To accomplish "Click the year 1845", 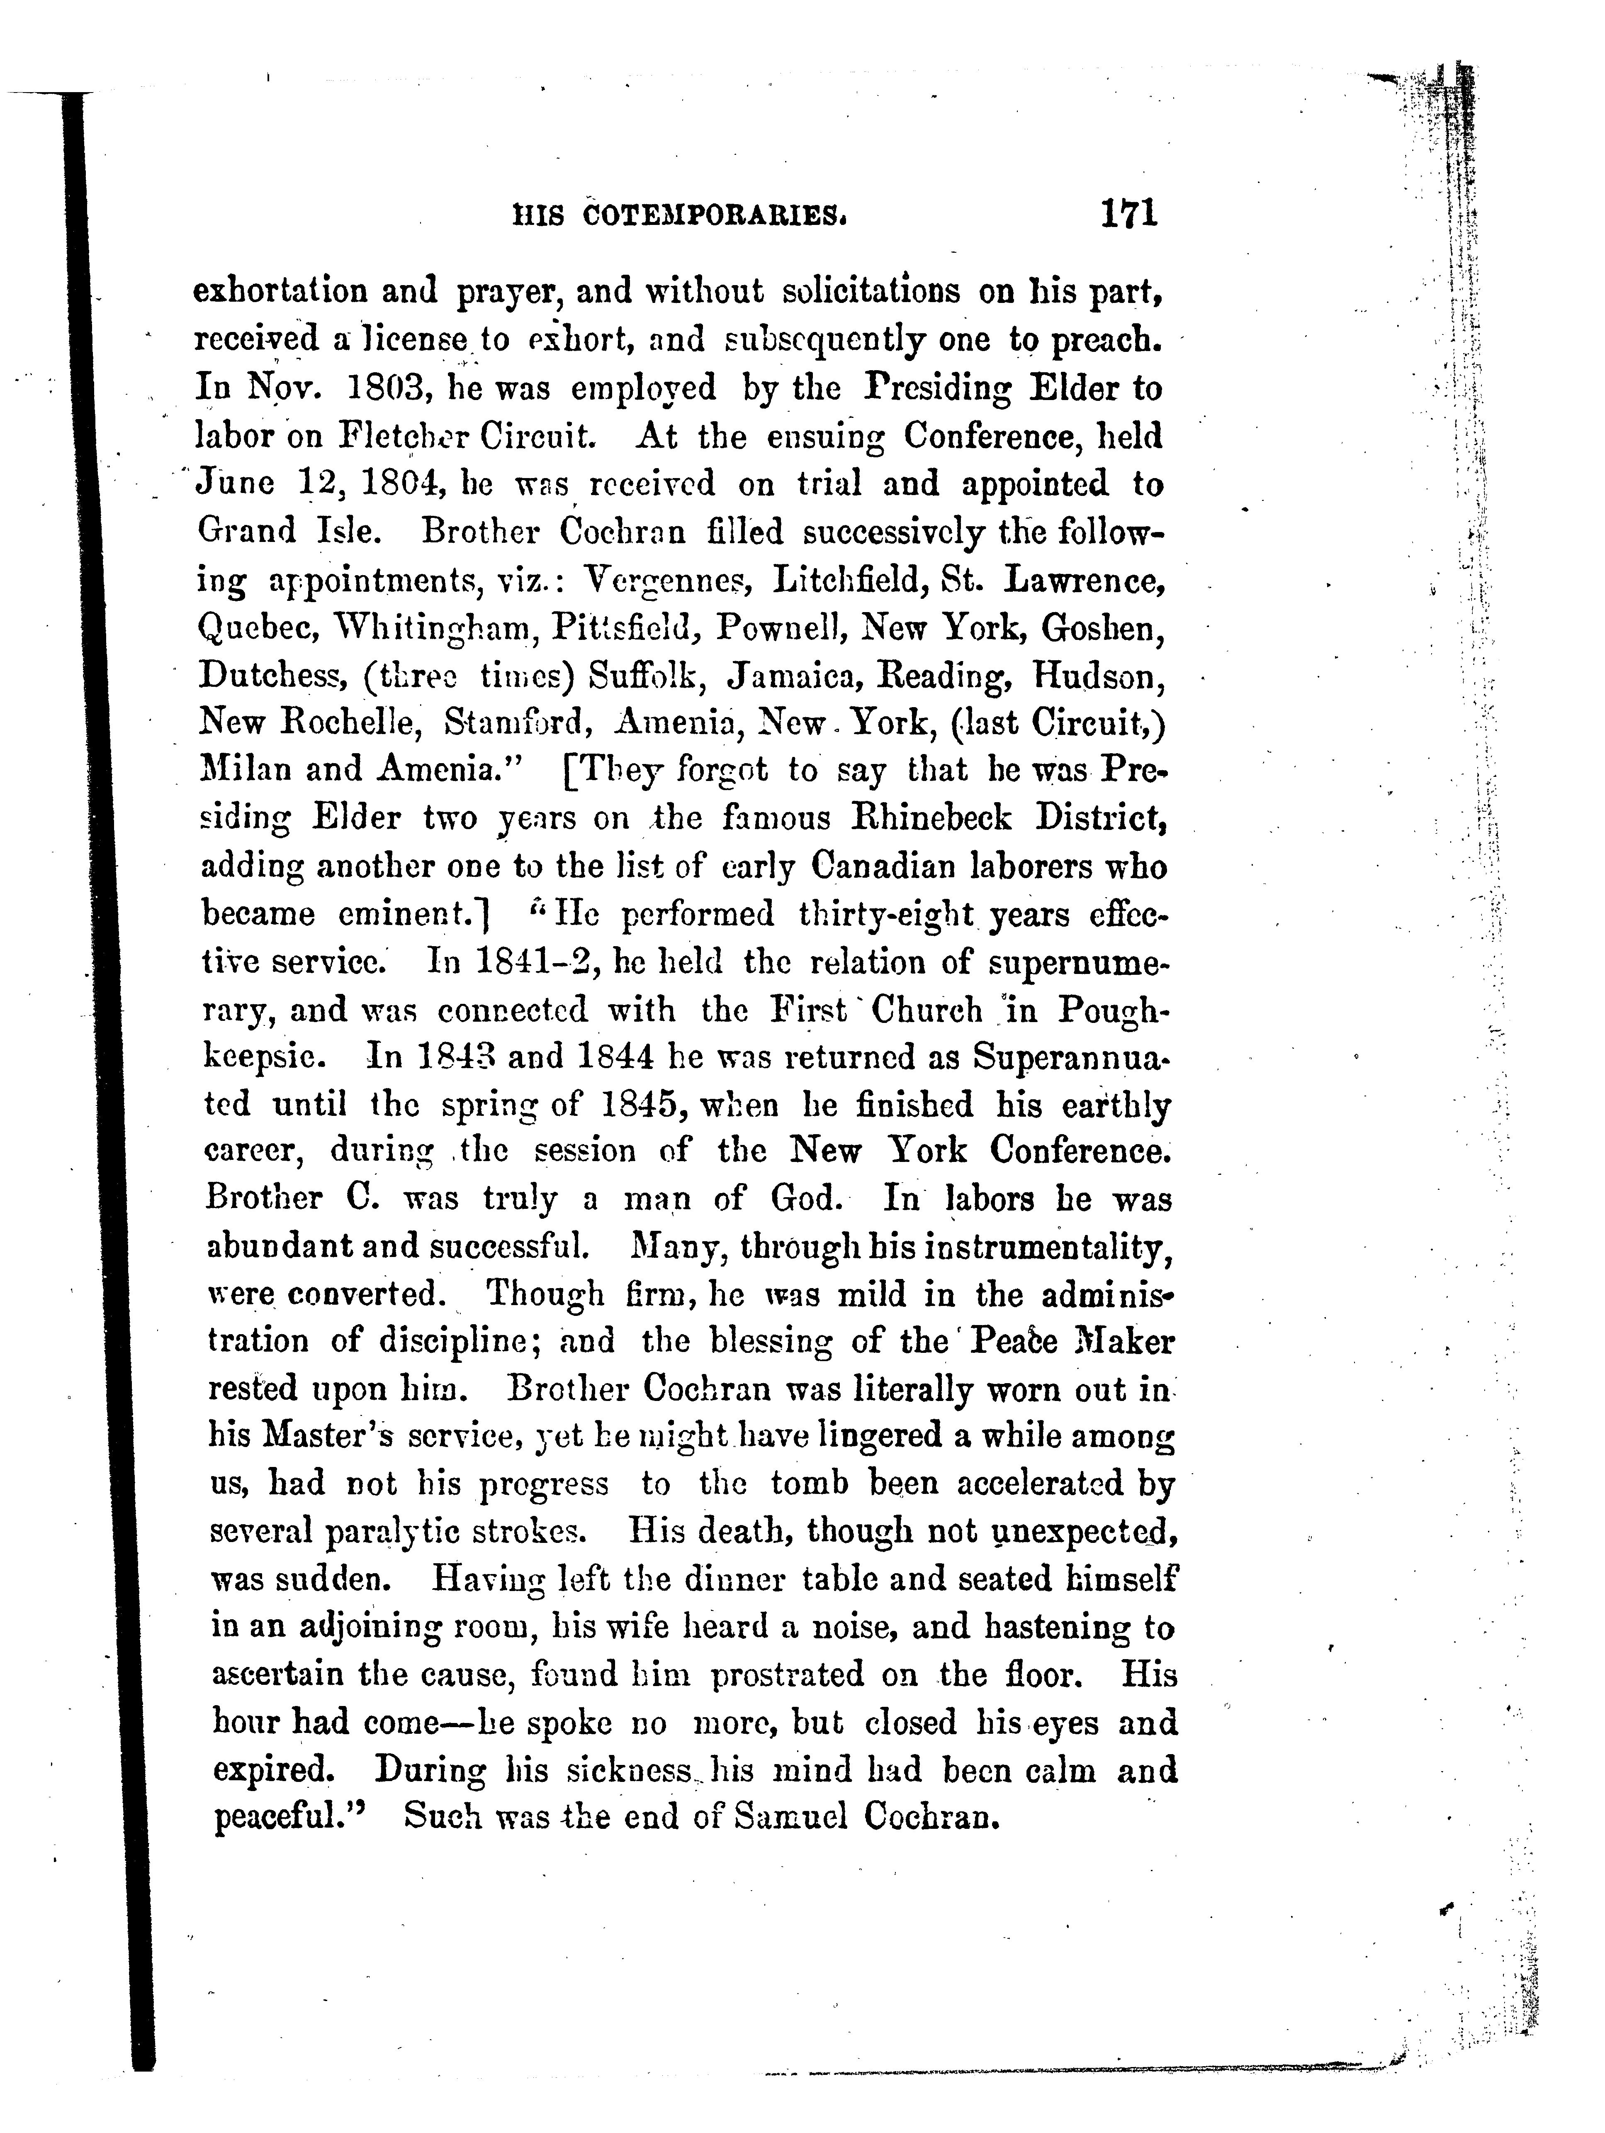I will point(630,1104).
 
